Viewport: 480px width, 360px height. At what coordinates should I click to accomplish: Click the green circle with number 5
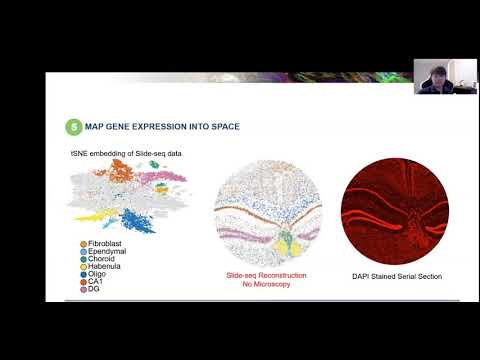point(73,127)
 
